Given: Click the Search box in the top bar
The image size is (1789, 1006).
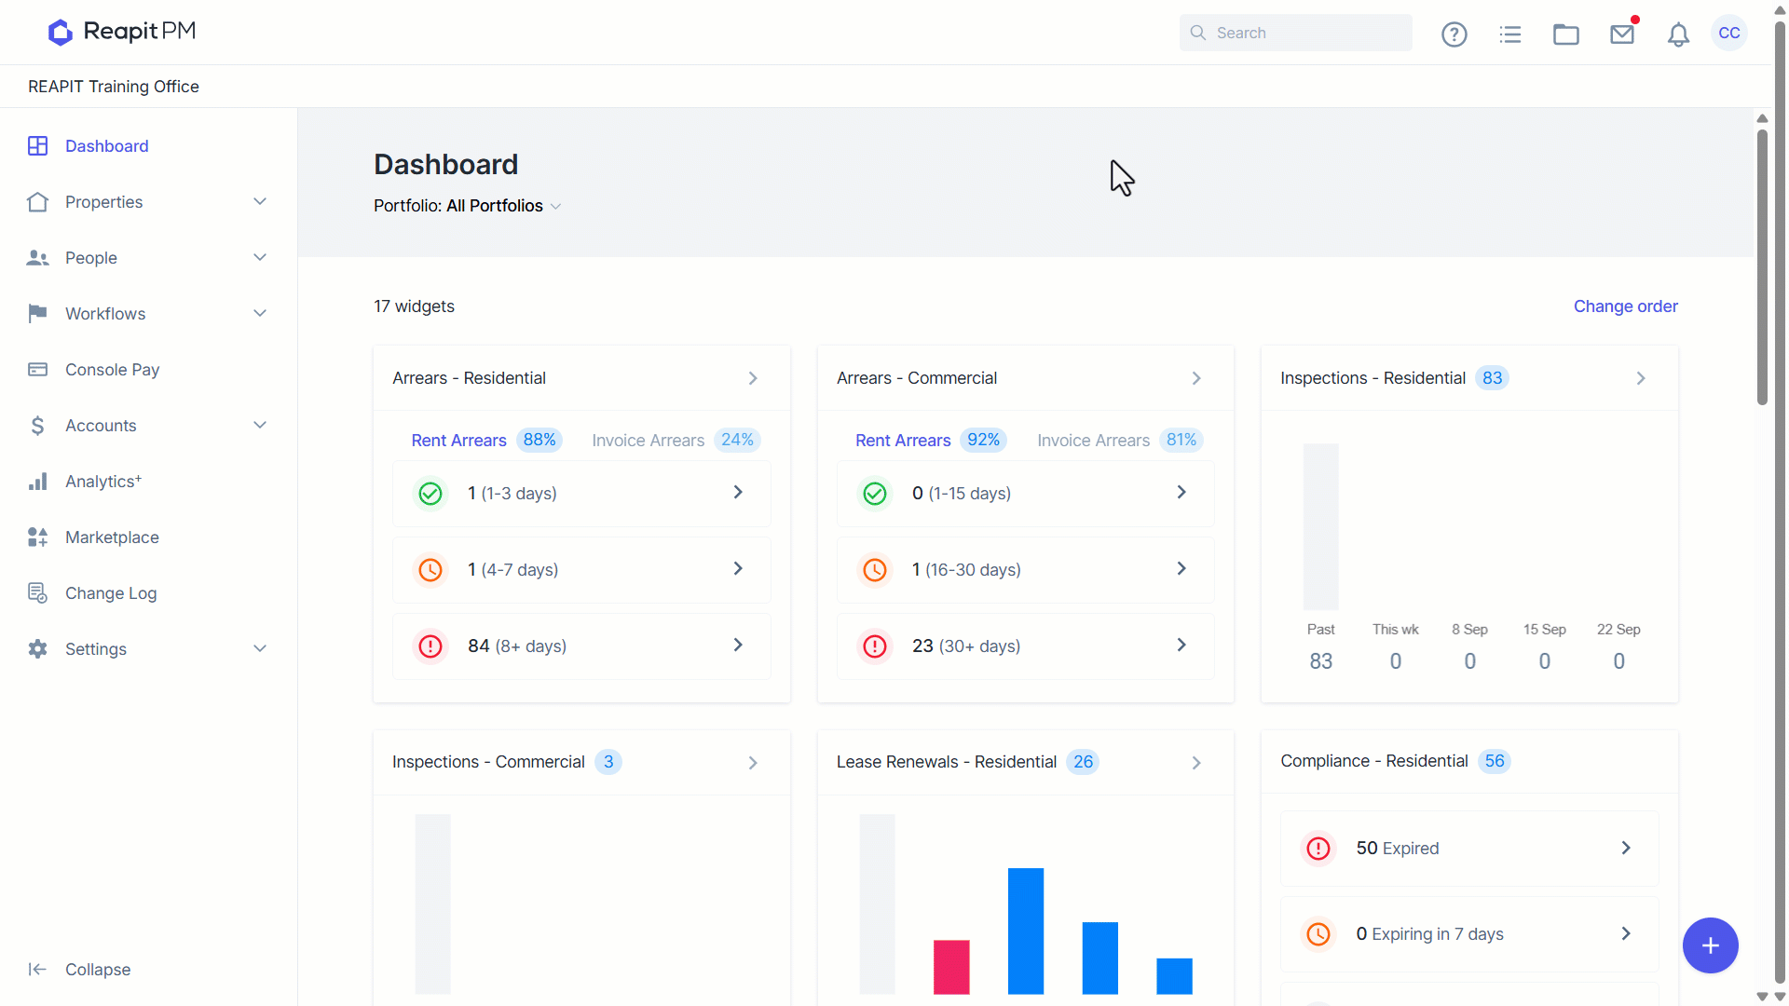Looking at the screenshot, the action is pos(1295,33).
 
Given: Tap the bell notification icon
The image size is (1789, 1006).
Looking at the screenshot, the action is pos(1678,34).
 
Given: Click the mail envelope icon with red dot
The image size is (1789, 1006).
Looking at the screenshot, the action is pos(1623,34).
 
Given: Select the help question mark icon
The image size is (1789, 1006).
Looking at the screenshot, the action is pos(1454,34).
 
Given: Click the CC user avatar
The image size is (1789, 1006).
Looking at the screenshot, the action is pos(1729,33).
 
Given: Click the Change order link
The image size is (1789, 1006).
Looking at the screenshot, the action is pos(1626,306).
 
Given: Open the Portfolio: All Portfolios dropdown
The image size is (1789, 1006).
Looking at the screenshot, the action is pos(467,206).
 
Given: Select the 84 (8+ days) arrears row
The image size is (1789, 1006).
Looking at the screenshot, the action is pos(581,646).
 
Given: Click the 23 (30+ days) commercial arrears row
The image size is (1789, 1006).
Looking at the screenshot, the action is pos(1025,646).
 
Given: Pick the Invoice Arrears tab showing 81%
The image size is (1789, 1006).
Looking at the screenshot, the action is pos(1119,440).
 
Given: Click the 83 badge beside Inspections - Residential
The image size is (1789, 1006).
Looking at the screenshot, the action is pos(1492,378).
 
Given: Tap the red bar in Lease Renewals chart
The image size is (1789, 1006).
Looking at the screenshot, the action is pos(951,967).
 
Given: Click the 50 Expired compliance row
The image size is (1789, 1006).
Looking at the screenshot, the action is pos(1469,849).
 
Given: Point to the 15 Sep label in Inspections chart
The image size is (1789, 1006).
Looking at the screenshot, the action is pos(1544,630).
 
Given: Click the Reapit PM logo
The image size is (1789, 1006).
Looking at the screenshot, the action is pos(122,32).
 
